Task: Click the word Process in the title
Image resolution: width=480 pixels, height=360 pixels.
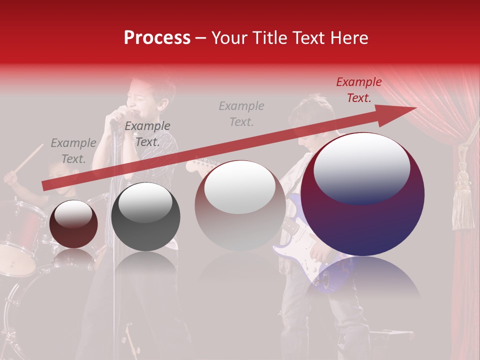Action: point(157,38)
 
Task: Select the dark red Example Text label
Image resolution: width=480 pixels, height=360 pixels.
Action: point(359,90)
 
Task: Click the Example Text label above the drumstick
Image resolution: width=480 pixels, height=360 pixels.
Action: point(73,151)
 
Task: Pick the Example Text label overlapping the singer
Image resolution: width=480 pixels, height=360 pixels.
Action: point(147,134)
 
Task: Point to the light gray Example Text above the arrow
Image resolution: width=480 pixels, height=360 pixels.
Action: point(241,114)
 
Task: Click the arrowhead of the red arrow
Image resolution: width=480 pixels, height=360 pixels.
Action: point(402,110)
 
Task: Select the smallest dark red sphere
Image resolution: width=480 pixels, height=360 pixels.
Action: point(73,224)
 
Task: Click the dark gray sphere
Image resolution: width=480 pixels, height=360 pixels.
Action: point(145,217)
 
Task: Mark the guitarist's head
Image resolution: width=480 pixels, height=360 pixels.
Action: point(312,122)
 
